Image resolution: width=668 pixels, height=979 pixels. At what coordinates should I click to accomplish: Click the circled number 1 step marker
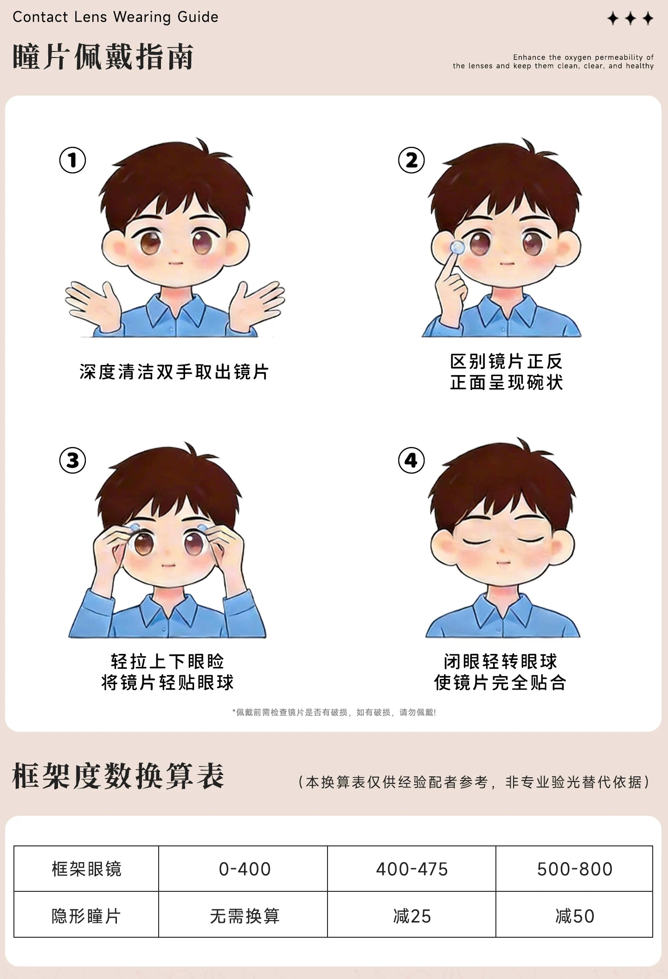point(72,160)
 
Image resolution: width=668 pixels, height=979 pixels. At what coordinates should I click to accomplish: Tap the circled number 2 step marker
point(411,160)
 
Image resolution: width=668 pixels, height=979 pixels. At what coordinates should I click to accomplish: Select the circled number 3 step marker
point(72,460)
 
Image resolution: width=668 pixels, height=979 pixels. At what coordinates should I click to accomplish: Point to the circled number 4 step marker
point(411,460)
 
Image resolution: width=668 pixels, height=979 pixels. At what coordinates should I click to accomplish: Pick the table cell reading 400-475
point(411,869)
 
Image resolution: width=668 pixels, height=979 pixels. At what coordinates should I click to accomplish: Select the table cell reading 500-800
point(574,869)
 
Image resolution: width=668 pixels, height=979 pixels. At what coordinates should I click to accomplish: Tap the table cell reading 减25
point(411,916)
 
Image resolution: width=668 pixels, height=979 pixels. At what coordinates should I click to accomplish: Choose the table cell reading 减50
point(574,916)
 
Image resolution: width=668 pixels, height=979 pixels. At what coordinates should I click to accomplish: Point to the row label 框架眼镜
point(86,869)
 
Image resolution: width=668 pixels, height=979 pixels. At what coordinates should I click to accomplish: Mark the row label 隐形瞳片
point(86,916)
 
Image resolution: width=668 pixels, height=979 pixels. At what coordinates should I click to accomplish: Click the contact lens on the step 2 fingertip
point(457,247)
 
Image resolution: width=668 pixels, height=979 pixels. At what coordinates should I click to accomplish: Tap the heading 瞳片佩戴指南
point(103,57)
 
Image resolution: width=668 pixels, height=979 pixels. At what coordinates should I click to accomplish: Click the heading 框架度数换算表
point(118,776)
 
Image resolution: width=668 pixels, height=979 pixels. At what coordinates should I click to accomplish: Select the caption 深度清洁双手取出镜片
point(174,372)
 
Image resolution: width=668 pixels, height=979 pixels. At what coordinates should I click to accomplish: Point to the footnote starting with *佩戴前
point(334,712)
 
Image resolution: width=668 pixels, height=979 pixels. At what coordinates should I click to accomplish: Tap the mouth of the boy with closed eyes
point(503,563)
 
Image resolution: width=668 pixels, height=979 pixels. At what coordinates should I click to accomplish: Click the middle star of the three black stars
point(630,19)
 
